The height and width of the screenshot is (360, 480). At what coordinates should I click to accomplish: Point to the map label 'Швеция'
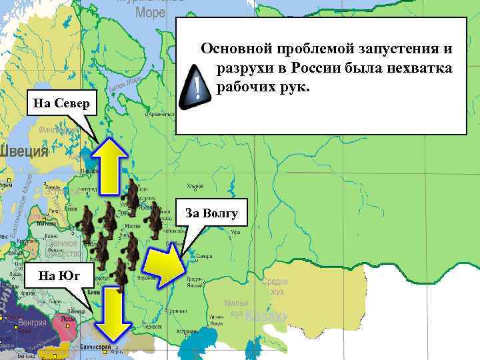pyautogui.click(x=24, y=151)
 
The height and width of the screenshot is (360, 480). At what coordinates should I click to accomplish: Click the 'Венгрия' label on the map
pyautogui.click(x=32, y=323)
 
